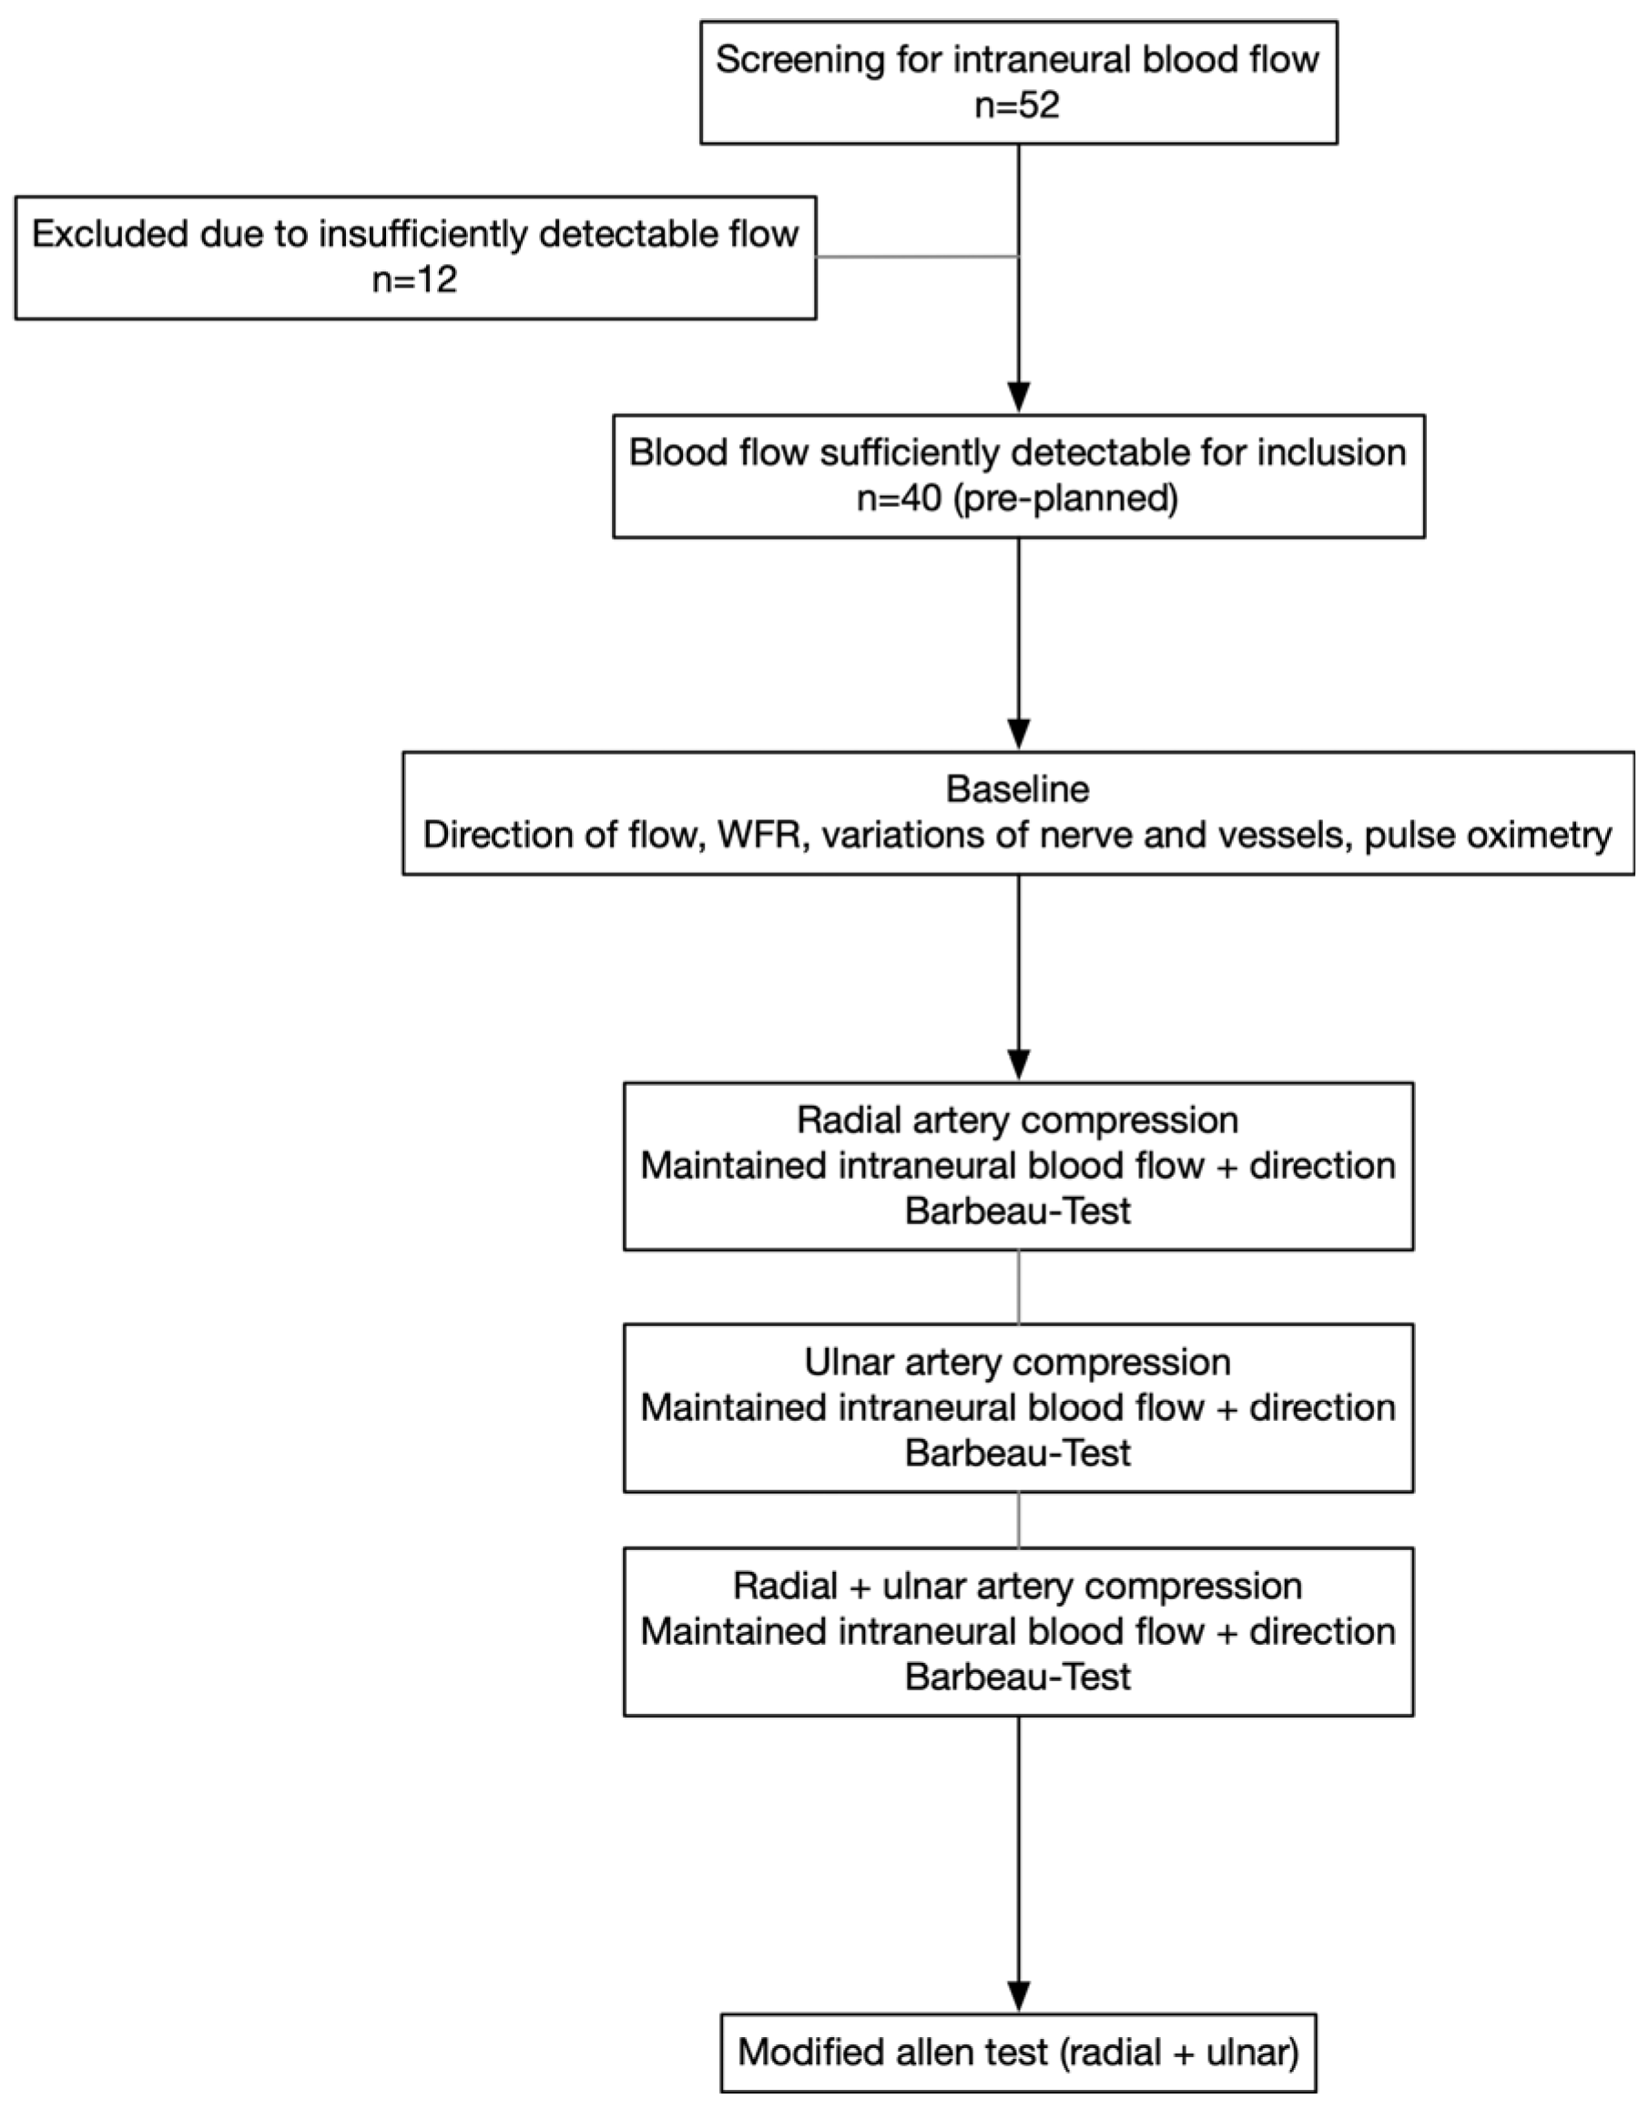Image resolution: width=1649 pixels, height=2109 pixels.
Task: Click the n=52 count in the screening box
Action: [1017, 105]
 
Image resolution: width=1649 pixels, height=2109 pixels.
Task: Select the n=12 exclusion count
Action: [414, 279]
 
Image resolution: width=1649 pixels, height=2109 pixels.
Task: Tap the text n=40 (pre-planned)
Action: [1017, 498]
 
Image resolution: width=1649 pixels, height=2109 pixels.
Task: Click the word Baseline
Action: [1017, 789]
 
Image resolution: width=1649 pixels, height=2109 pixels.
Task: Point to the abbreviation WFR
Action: [760, 835]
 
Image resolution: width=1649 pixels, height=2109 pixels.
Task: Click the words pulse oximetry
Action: [1488, 836]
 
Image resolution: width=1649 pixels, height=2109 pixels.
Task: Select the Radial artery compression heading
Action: [1017, 1120]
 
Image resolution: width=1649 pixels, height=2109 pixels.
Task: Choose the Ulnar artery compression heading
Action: [1017, 1362]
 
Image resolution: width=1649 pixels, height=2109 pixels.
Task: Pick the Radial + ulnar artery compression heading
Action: [1017, 1586]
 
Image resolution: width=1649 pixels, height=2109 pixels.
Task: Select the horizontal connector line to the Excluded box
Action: [918, 257]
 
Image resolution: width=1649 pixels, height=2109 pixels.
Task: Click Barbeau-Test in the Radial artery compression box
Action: [1017, 1211]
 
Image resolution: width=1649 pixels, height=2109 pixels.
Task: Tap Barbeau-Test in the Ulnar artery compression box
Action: [1017, 1453]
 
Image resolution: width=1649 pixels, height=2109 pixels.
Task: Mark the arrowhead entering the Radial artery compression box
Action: [1018, 1064]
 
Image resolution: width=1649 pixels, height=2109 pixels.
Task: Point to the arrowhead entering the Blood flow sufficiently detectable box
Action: [1018, 397]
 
